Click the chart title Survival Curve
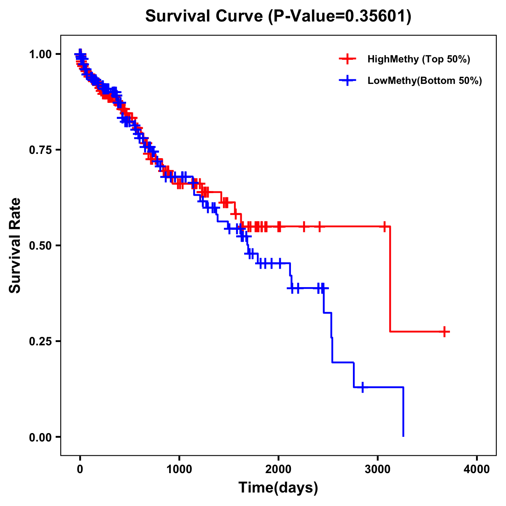(205, 16)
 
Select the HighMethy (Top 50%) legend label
(419, 59)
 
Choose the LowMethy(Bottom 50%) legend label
(425, 81)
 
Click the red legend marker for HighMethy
(347, 59)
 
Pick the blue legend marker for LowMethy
(347, 81)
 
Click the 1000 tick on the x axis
(179, 469)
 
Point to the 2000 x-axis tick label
(278, 469)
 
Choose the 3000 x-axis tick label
(378, 469)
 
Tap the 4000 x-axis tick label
(477, 469)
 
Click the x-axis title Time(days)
(278, 488)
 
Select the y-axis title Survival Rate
(15, 245)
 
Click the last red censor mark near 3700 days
(444, 332)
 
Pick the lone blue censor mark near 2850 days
(363, 387)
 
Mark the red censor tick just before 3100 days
(385, 226)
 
